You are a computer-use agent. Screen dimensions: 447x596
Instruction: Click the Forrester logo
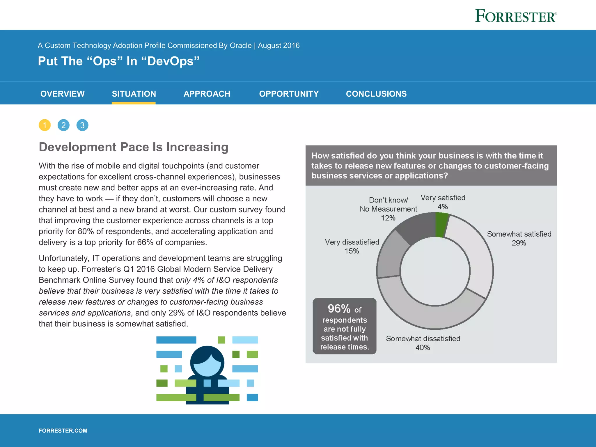point(516,16)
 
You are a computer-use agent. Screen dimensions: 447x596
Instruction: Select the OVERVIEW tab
point(63,94)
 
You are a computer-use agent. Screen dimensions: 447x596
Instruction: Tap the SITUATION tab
point(134,94)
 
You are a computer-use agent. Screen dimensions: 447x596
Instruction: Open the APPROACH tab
point(207,94)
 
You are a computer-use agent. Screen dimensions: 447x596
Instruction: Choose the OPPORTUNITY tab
point(289,94)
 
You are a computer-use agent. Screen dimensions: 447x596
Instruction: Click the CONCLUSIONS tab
point(376,94)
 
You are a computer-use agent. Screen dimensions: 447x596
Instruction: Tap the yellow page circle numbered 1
point(45,125)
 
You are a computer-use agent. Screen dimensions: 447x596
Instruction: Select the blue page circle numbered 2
point(63,125)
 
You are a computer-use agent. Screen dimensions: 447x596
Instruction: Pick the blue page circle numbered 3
point(82,125)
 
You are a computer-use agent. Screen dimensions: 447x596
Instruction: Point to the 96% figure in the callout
point(339,308)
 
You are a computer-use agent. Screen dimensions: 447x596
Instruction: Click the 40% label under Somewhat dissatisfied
point(423,347)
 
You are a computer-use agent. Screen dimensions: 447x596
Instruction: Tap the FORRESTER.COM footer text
point(63,430)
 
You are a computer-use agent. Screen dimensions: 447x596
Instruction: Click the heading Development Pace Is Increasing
point(134,147)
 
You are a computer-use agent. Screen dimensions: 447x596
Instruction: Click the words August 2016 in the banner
point(279,45)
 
